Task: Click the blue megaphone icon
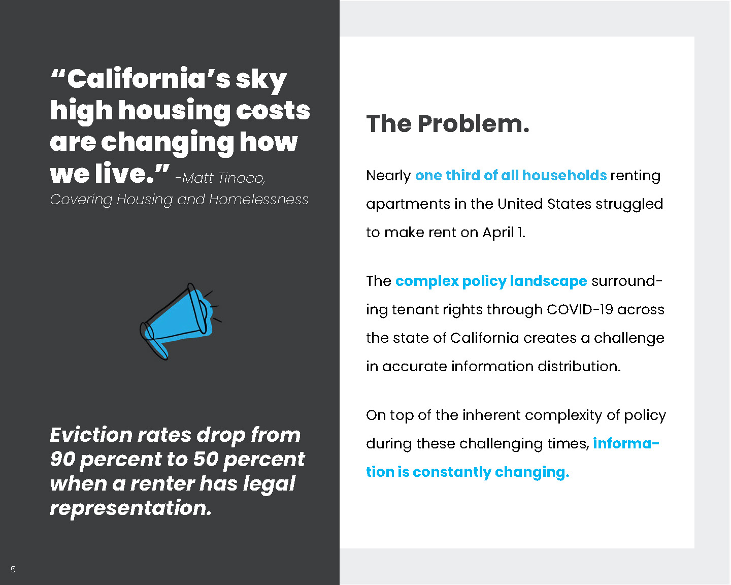pos(181,321)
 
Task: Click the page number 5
pos(13,569)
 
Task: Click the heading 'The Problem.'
pos(448,123)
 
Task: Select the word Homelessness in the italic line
pos(258,199)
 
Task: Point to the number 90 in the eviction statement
pos(62,459)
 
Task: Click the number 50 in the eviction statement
pos(206,459)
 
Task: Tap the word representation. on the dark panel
pos(131,508)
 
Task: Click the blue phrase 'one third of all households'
pos(511,175)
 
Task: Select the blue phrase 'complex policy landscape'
pos(491,281)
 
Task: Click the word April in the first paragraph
pos(498,233)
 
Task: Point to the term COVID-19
pos(580,309)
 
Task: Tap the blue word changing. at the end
pos(532,472)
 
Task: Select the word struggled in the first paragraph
pos(629,204)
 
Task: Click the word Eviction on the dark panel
pos(91,435)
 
